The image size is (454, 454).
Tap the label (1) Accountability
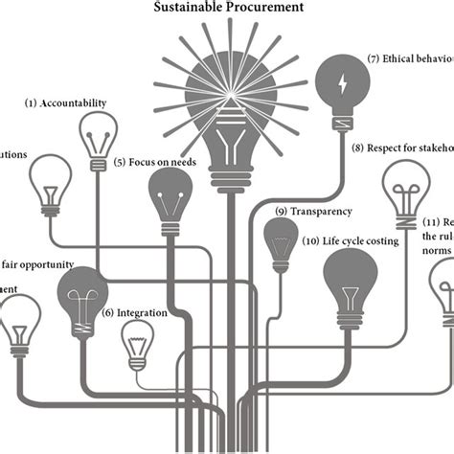[x=66, y=102]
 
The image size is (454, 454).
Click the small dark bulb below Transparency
[x=281, y=239]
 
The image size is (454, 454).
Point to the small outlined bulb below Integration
[x=136, y=345]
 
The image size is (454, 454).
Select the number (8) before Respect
[x=358, y=148]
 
